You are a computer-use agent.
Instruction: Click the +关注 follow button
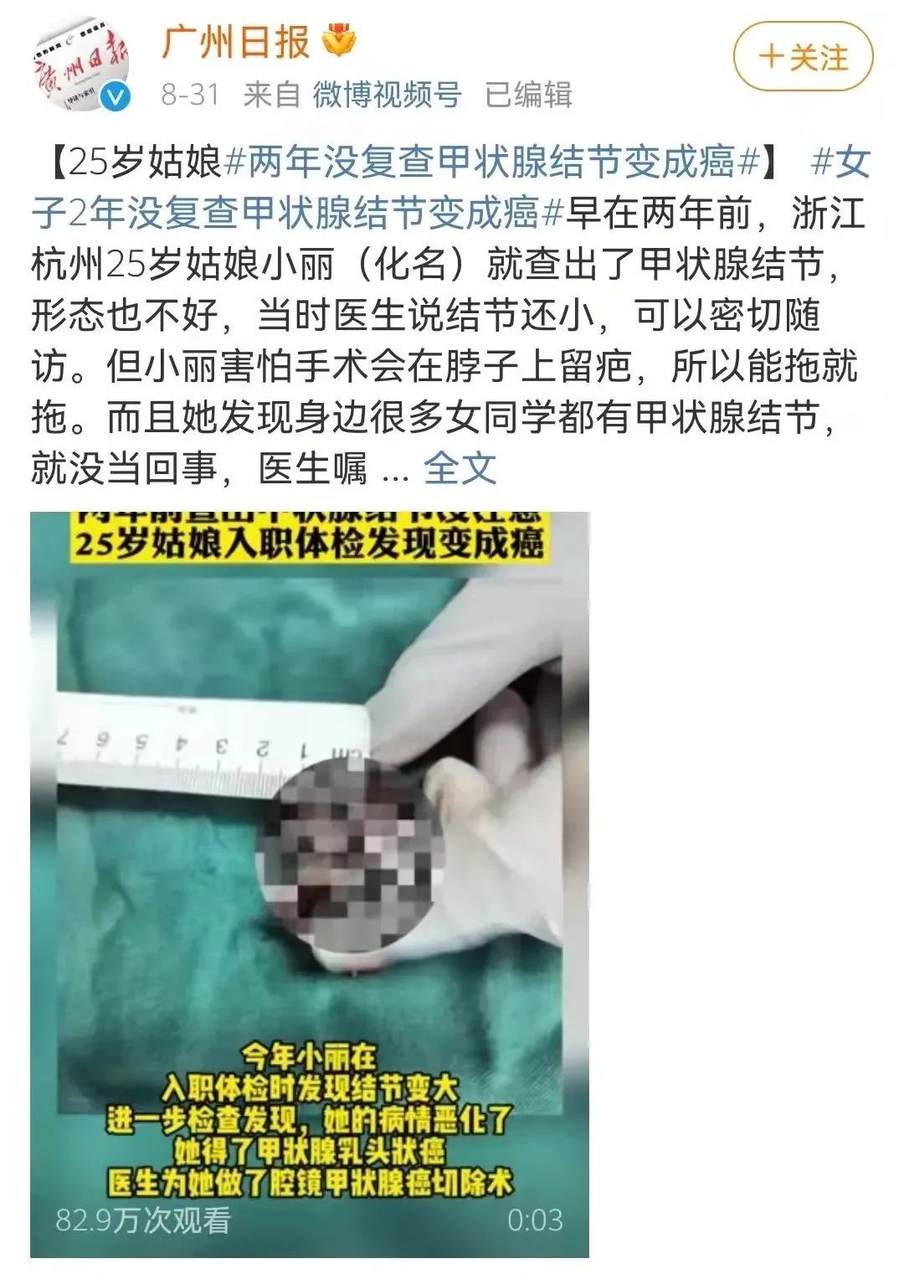803,58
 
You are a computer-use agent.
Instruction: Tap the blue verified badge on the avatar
115,97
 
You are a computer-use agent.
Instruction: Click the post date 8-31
190,95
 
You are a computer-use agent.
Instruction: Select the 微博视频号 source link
387,95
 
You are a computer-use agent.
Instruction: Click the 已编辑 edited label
528,95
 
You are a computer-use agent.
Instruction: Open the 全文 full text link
460,468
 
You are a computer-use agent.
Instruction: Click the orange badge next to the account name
340,42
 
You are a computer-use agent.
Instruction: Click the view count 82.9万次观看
143,1220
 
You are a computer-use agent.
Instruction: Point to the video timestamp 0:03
535,1220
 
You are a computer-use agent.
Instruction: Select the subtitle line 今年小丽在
309,1056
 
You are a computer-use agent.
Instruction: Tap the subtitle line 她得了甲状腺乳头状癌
309,1151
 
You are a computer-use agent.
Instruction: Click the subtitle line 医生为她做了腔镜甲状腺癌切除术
309,1183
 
